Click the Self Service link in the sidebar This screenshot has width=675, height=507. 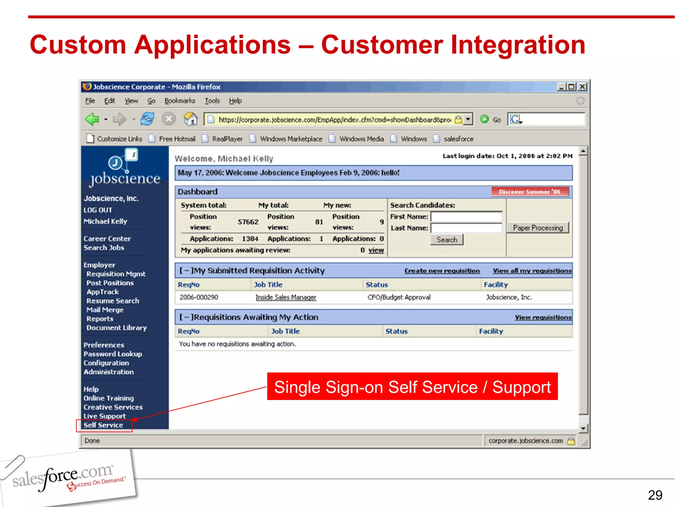[x=103, y=425]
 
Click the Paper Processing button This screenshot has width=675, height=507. [x=538, y=228]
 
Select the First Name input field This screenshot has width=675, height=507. [x=466, y=217]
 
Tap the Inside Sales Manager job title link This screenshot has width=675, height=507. [x=286, y=297]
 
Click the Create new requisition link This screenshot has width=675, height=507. [x=442, y=271]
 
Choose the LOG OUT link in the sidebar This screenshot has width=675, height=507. [x=98, y=210]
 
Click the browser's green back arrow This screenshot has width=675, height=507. [x=92, y=119]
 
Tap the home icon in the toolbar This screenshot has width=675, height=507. [x=191, y=119]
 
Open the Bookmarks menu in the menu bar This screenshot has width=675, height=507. [x=180, y=101]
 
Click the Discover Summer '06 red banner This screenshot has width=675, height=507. [x=530, y=192]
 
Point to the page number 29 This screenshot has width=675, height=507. [x=655, y=495]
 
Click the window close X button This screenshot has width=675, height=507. [x=582, y=87]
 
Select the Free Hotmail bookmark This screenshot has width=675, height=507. [x=177, y=139]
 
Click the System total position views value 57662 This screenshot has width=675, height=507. [x=248, y=222]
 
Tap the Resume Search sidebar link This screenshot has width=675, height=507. [x=113, y=301]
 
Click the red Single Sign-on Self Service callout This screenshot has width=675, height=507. [x=412, y=387]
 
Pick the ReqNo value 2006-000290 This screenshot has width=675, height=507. [x=199, y=297]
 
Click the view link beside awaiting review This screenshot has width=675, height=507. [x=376, y=250]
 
